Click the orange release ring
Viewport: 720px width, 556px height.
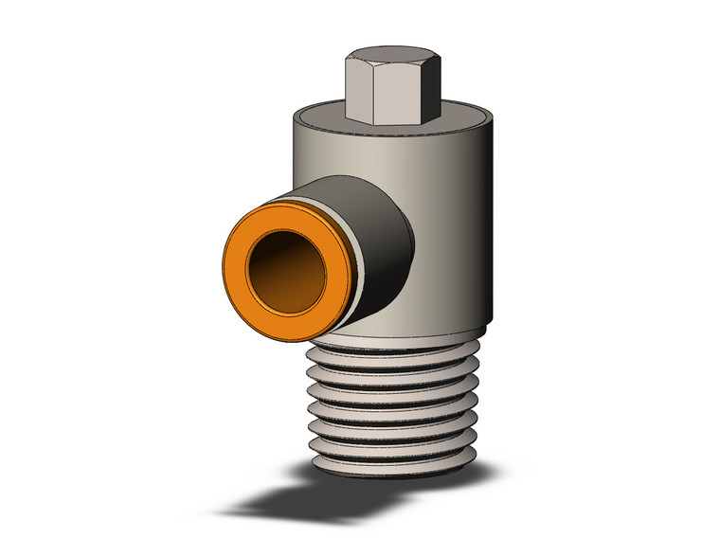(x=240, y=276)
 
